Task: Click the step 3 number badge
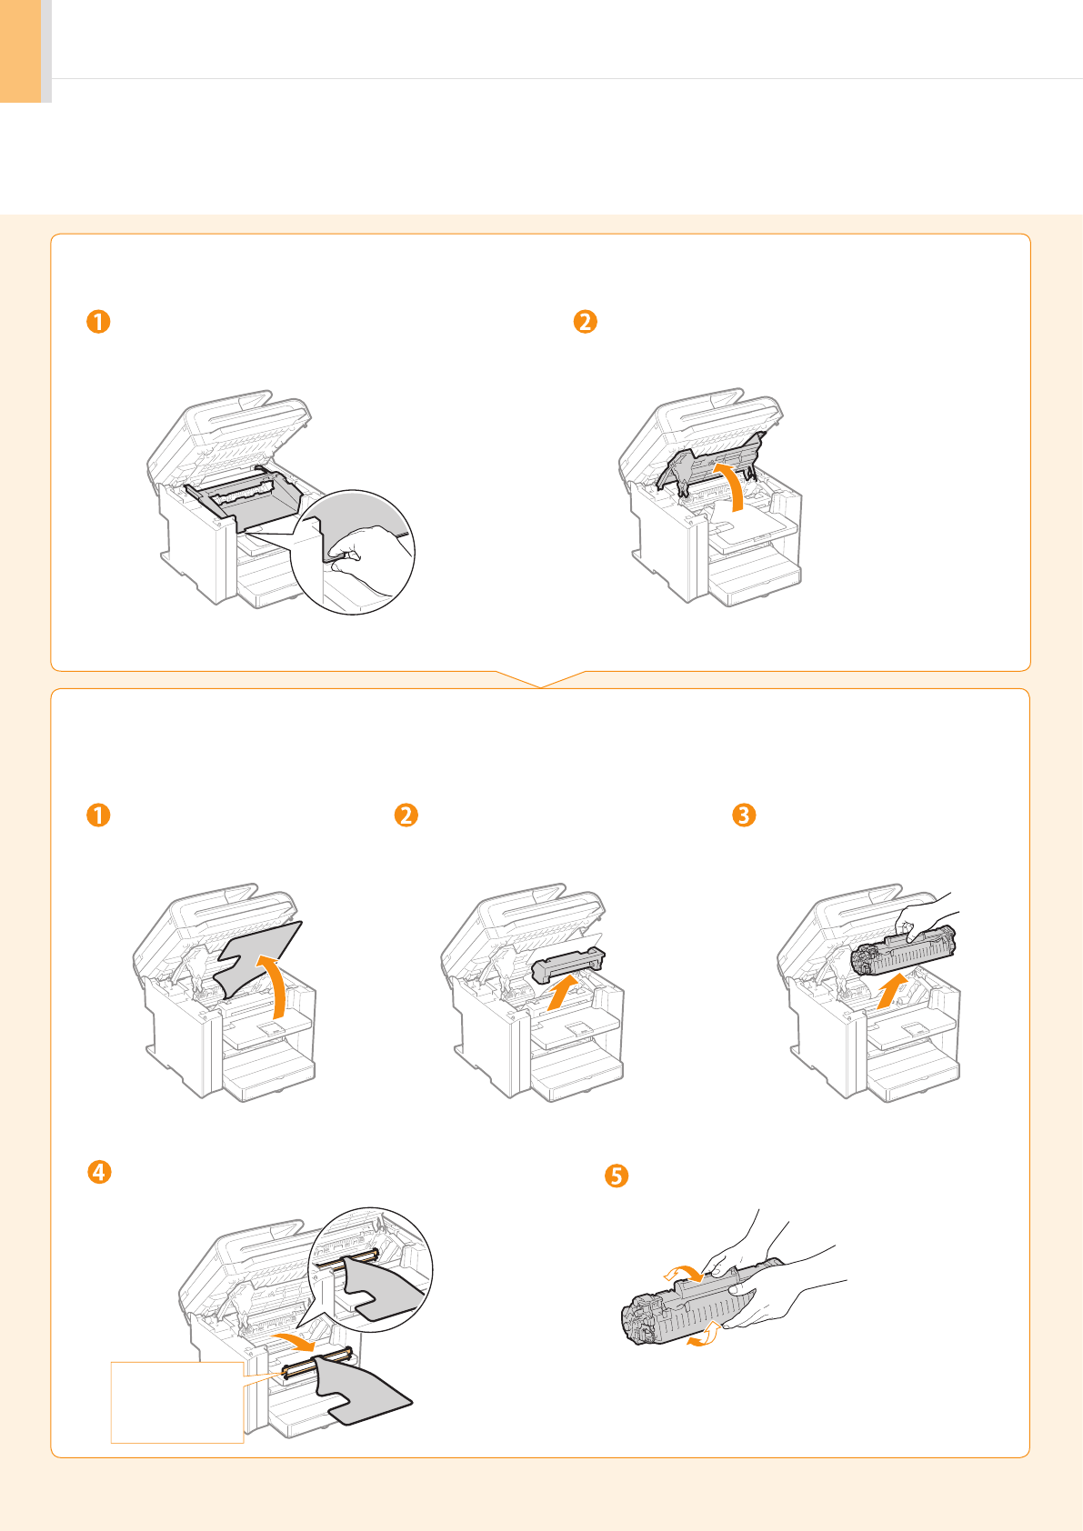(744, 816)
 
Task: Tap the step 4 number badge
(99, 1172)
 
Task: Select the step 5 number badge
(616, 1176)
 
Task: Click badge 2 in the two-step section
(586, 322)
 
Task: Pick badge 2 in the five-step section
(406, 816)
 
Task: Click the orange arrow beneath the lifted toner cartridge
(892, 992)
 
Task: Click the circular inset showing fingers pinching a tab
(352, 552)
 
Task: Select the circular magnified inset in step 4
(370, 1269)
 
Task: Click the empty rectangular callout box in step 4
(177, 1403)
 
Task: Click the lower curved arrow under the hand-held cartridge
(705, 1335)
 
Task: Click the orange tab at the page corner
(21, 51)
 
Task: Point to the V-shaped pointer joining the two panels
(540, 680)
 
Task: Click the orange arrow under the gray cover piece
(562, 993)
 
